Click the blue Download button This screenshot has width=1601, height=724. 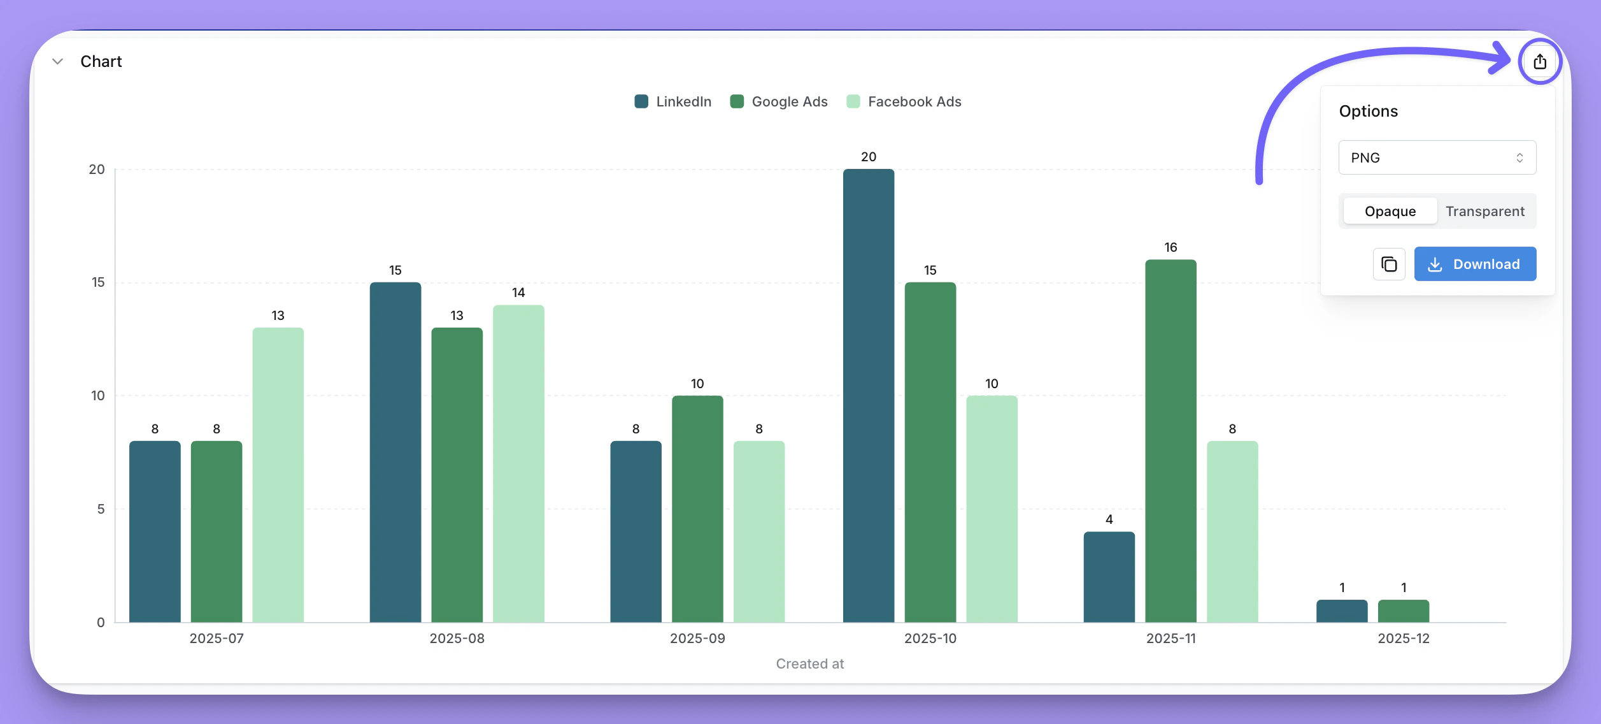[1475, 264]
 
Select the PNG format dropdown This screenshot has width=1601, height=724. [1437, 157]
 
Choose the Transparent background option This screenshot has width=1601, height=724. [1484, 211]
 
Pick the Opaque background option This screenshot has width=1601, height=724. [1390, 211]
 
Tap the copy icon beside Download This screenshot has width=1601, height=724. [1389, 264]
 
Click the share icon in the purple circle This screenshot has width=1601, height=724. [1540, 62]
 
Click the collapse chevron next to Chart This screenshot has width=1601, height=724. [58, 62]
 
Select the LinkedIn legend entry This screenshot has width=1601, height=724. [673, 102]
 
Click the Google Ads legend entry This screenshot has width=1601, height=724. [779, 102]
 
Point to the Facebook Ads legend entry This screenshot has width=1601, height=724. [904, 102]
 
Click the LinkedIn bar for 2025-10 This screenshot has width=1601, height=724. [869, 395]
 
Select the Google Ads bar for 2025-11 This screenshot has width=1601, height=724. [1171, 440]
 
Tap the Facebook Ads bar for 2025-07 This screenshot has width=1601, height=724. [278, 475]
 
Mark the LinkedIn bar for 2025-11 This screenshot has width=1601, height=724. [1109, 577]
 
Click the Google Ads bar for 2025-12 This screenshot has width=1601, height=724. [1404, 611]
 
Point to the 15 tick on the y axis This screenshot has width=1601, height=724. [98, 282]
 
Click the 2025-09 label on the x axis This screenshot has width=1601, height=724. [697, 639]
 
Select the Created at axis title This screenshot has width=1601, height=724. [810, 664]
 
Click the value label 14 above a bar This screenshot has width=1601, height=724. [518, 293]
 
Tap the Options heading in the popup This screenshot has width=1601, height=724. [1369, 112]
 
